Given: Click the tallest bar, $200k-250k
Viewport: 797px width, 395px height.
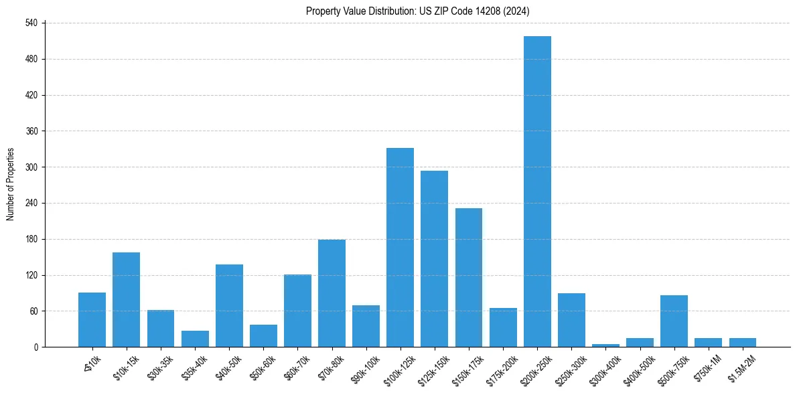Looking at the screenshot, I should click(537, 191).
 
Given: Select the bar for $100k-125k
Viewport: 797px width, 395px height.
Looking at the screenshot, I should click(400, 248).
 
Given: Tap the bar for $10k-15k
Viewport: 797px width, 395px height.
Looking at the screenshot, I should click(126, 300).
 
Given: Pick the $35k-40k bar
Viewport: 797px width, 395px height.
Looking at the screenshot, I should click(195, 339).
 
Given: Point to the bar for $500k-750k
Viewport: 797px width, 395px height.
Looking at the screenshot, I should click(674, 321).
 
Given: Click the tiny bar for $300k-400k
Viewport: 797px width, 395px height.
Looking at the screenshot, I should click(605, 345).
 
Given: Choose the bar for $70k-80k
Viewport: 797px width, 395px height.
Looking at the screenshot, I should click(332, 293).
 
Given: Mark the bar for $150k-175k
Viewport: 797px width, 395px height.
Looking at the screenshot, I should click(469, 278).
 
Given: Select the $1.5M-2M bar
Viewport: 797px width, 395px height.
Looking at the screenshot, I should click(742, 343).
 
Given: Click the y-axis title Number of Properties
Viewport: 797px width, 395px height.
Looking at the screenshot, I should click(11, 184).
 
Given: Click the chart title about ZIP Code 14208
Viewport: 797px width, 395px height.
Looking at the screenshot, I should click(418, 11).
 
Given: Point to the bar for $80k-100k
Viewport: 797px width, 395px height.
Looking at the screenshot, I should click(366, 326).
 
